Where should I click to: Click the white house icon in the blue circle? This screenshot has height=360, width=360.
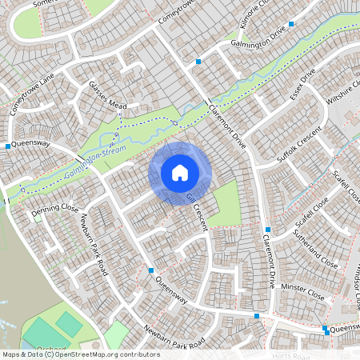click(180, 172)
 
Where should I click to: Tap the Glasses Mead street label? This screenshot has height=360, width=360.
click(108, 96)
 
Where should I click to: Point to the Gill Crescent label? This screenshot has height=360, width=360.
click(197, 211)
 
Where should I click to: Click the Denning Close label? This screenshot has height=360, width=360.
click(54, 212)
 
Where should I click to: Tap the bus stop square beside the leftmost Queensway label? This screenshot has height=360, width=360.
click(8, 146)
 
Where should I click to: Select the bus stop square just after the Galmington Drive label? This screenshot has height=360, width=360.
click(291, 25)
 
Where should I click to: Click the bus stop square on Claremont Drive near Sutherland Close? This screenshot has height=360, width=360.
click(267, 230)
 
